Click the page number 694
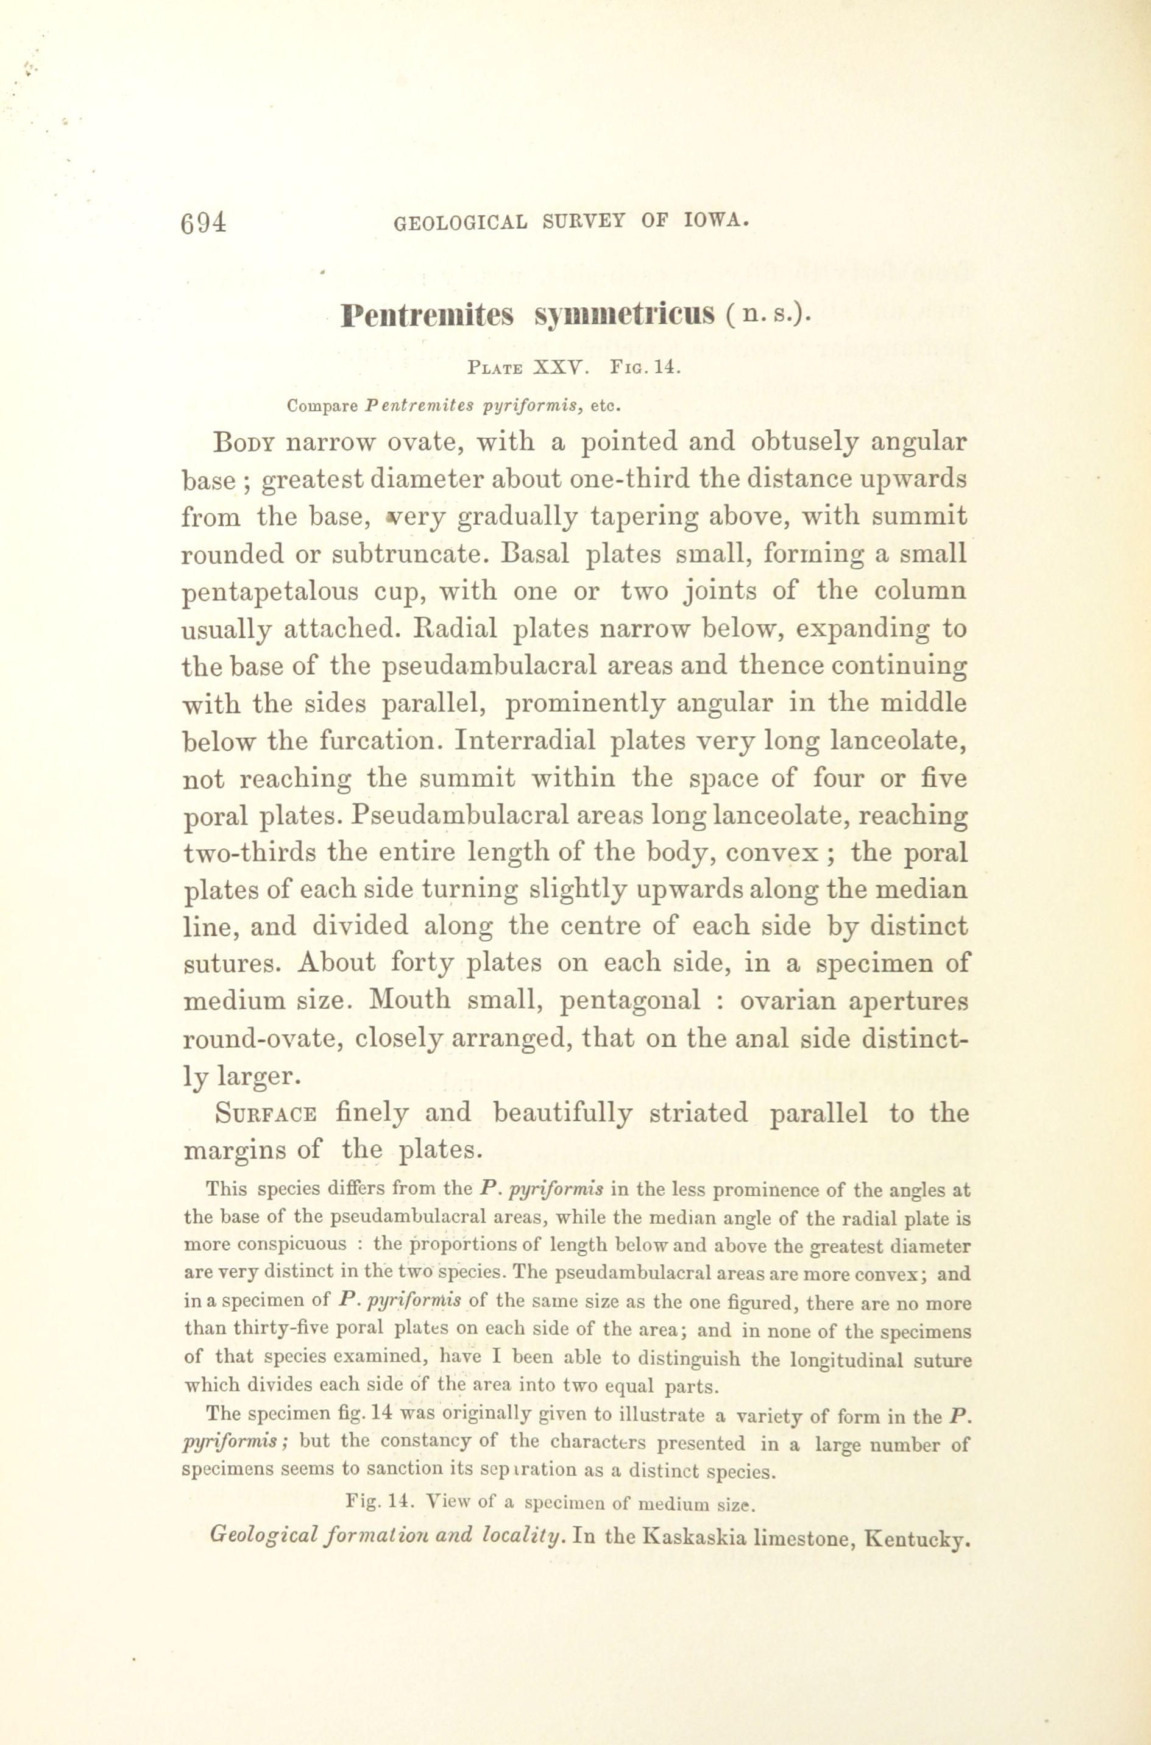tap(204, 222)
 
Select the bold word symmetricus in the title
tap(624, 316)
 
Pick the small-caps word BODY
tap(243, 442)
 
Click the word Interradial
tap(525, 740)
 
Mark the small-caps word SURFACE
tap(266, 1113)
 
